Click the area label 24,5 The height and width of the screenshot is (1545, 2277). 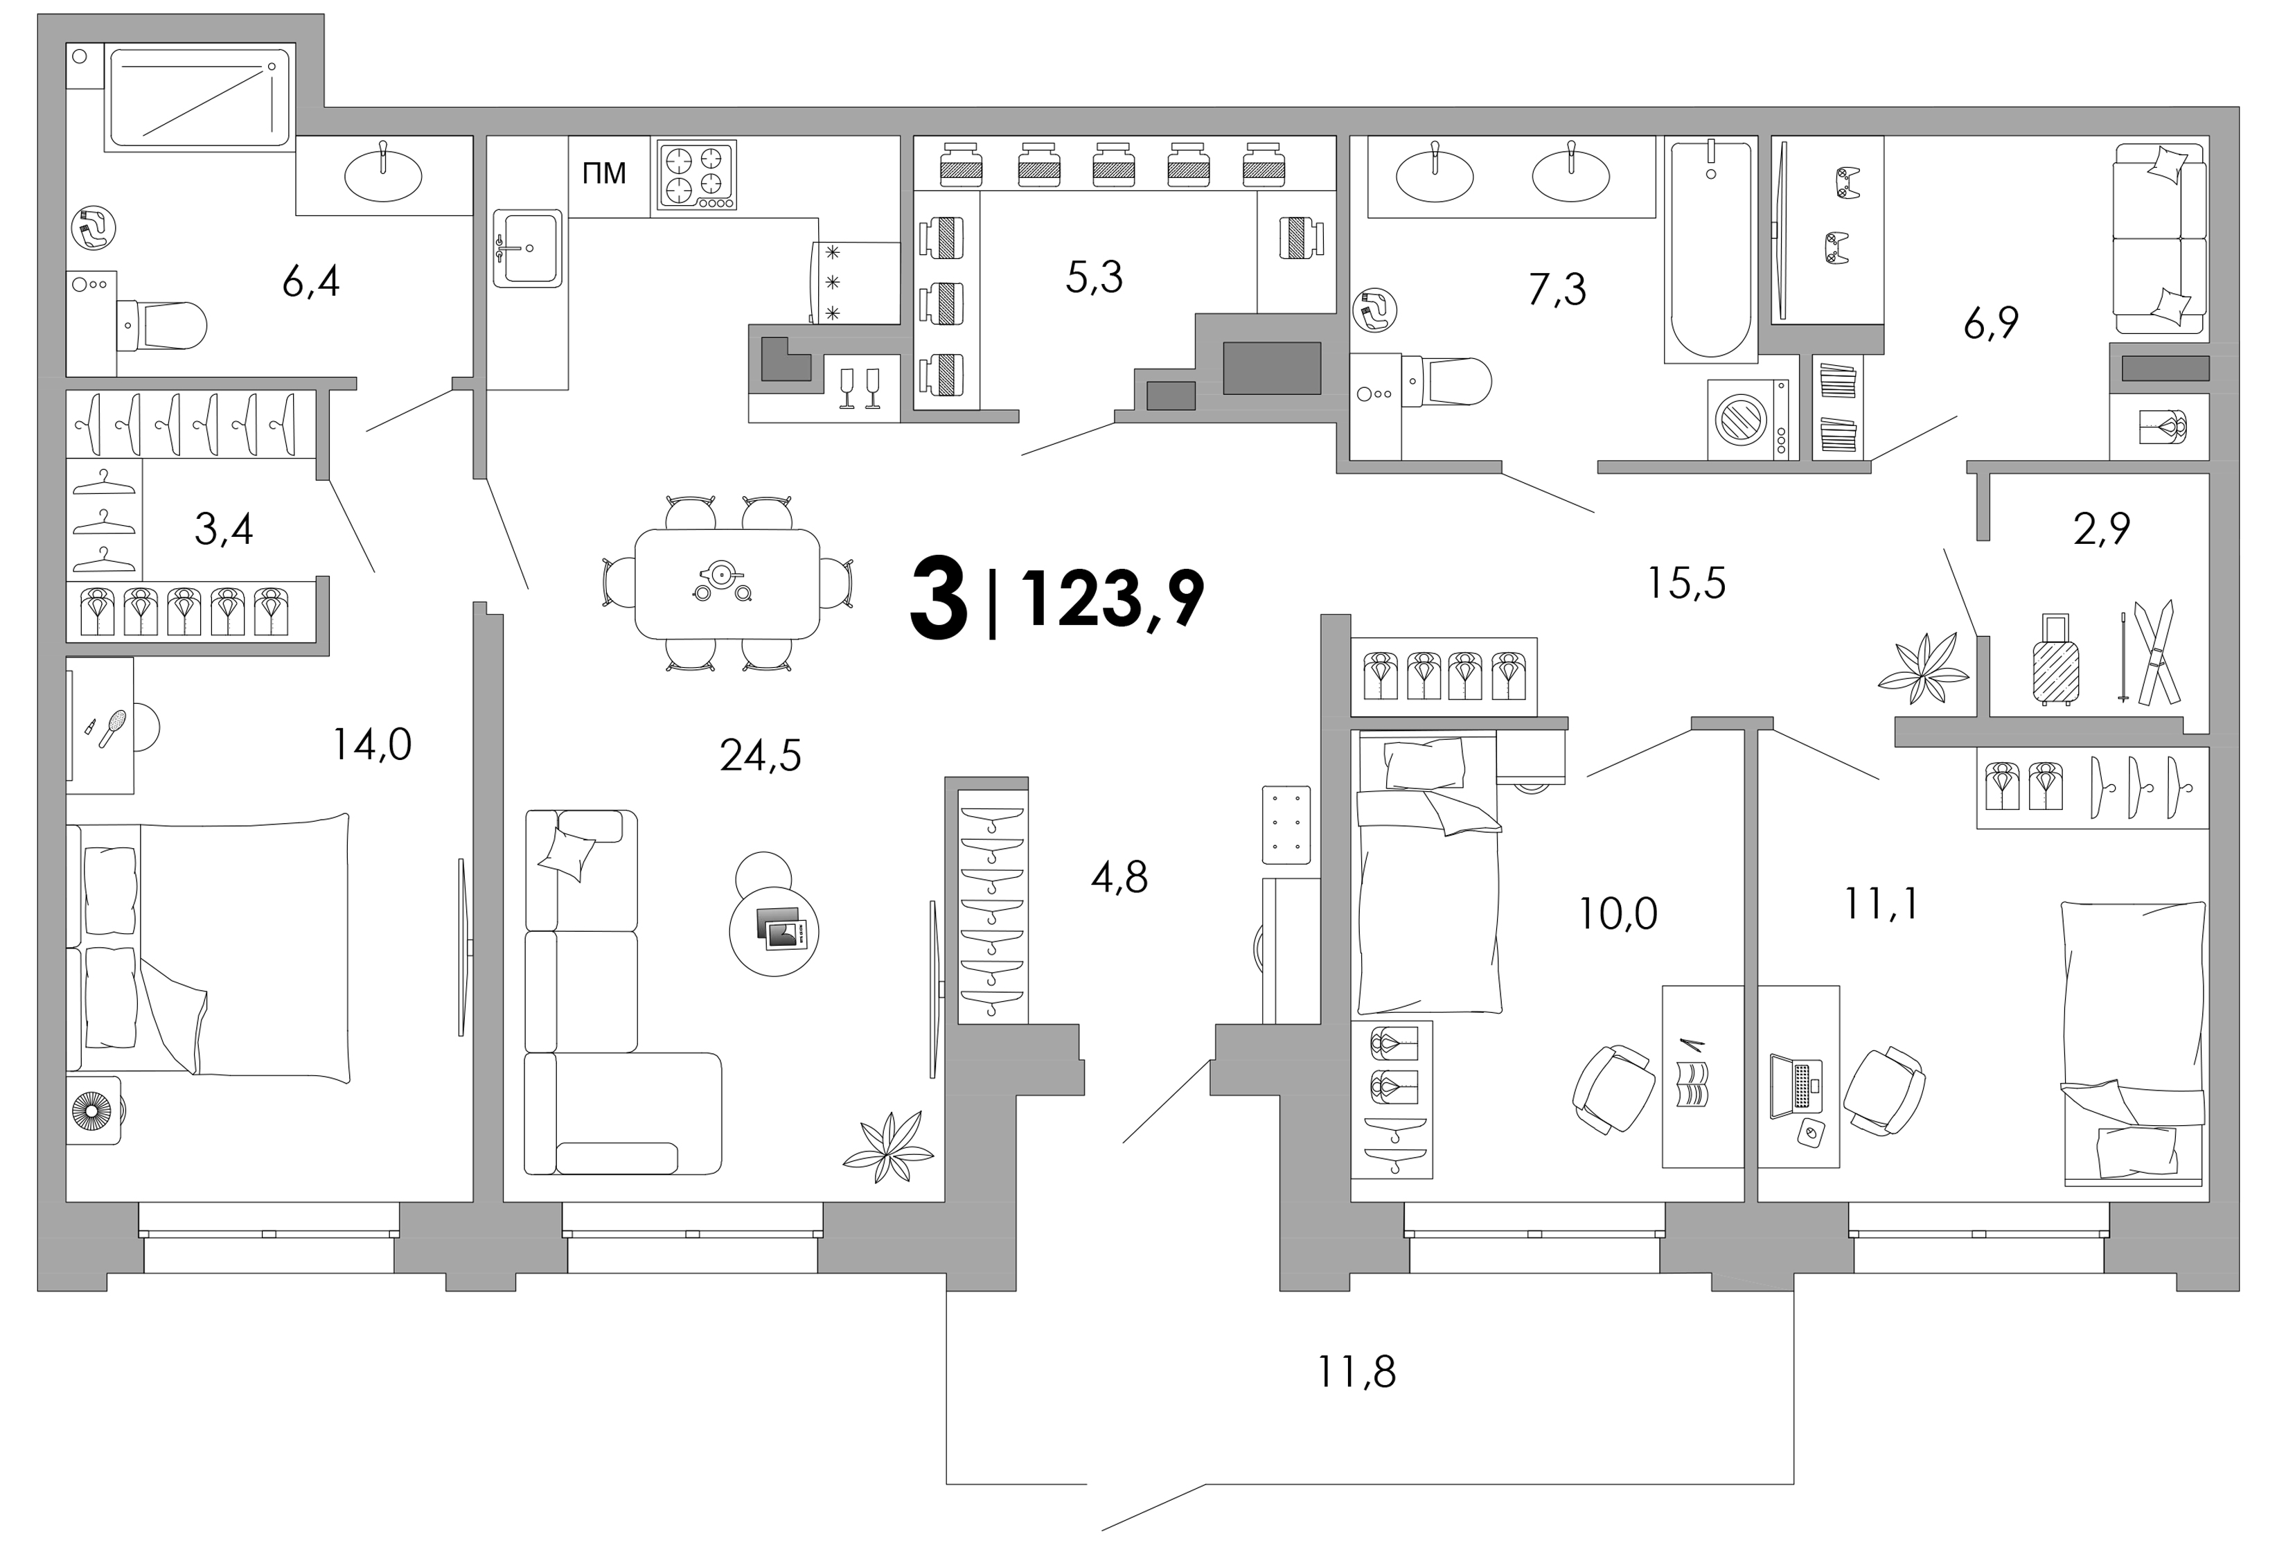(x=761, y=755)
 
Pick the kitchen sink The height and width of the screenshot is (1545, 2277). (x=527, y=248)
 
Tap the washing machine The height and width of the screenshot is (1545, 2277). (x=1748, y=419)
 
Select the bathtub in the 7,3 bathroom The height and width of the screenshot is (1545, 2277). (x=1710, y=250)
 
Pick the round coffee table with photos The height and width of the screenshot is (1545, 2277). (x=774, y=930)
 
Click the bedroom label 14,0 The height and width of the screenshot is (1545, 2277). (x=371, y=745)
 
